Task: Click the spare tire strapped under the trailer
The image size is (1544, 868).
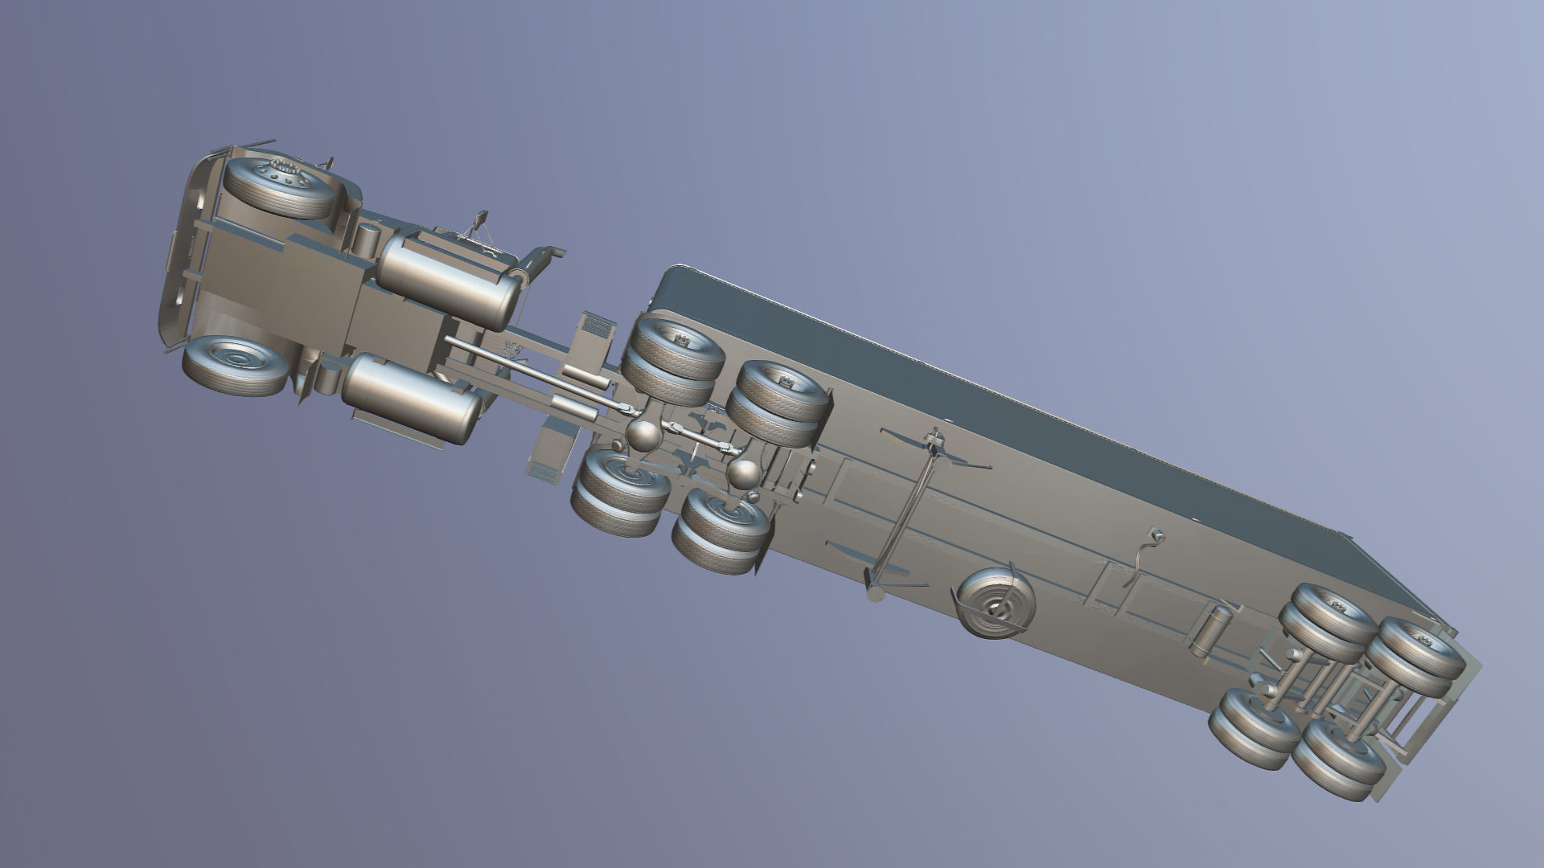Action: pos(995,602)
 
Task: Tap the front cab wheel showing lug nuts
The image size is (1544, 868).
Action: pos(278,187)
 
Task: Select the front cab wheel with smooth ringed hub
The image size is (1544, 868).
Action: pos(235,365)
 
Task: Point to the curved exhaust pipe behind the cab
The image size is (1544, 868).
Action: pos(540,259)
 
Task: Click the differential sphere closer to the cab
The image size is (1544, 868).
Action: pos(644,435)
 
